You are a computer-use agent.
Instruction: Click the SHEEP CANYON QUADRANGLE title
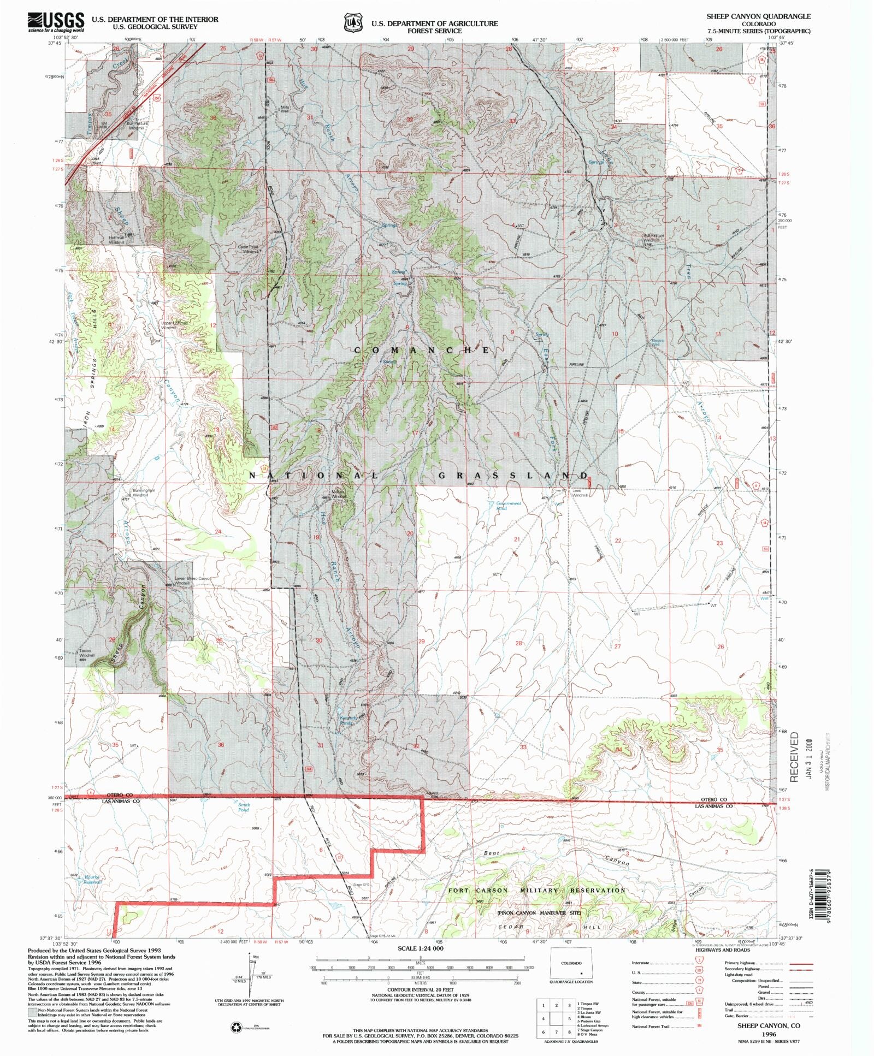pos(758,16)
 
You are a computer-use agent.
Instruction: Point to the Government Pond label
pos(508,506)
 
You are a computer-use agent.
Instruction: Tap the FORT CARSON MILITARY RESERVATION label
pos(536,890)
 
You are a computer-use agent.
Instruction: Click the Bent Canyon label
pos(557,858)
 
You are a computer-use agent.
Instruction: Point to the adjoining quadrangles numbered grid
pos(556,1018)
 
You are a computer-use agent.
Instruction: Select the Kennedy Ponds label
pos(344,720)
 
